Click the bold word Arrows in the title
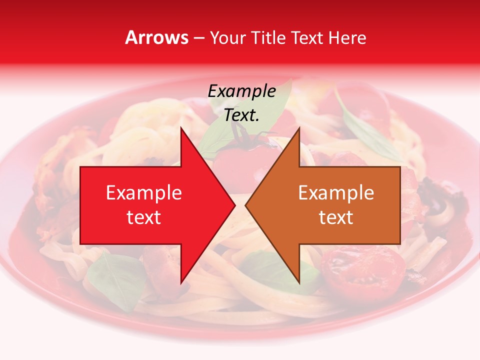pos(157,38)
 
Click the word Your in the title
pos(227,38)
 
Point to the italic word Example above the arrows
pos(241,91)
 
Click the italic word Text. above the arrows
pos(241,115)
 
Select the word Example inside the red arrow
pos(143,193)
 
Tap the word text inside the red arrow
pos(143,217)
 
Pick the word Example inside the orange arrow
pos(336,193)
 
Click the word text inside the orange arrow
pos(336,217)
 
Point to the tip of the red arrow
pos(235,205)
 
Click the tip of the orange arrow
pos(245,205)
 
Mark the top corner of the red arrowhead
pos(181,128)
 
